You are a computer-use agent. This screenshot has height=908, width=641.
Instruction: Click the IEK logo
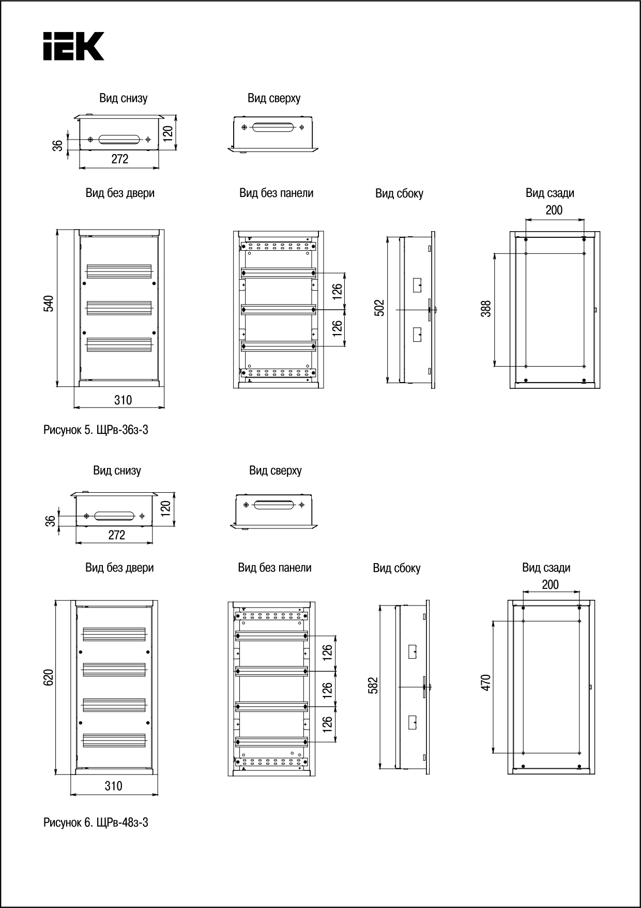pos(73,46)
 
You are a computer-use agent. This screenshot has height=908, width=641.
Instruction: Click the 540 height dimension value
pos(49,304)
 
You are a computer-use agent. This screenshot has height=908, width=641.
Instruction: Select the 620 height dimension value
pos(48,677)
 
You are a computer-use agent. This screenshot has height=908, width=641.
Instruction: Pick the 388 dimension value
pos(486,309)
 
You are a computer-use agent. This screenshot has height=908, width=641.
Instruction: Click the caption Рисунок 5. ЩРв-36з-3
pos(96,430)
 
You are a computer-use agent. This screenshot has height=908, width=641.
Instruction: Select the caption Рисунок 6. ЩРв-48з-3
pos(96,822)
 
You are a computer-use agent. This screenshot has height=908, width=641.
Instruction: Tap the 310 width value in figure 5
pos(123,400)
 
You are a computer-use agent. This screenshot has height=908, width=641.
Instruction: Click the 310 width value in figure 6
pos(114,786)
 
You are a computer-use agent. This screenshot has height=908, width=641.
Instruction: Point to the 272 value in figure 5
pos(120,159)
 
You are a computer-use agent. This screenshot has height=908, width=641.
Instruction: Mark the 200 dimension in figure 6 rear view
pos(550,584)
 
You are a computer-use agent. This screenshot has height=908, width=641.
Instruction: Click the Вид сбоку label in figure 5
pos(399,194)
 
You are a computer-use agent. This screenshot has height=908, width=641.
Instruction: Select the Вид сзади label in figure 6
pos(546,568)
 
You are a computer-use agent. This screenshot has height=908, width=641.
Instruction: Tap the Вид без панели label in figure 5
pos(276,193)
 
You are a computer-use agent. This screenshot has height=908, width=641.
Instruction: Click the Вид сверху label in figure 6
pos(275,471)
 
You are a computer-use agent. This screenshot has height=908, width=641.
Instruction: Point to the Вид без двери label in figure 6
pos(119,568)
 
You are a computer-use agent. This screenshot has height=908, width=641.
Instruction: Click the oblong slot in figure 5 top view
pos(273,127)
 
